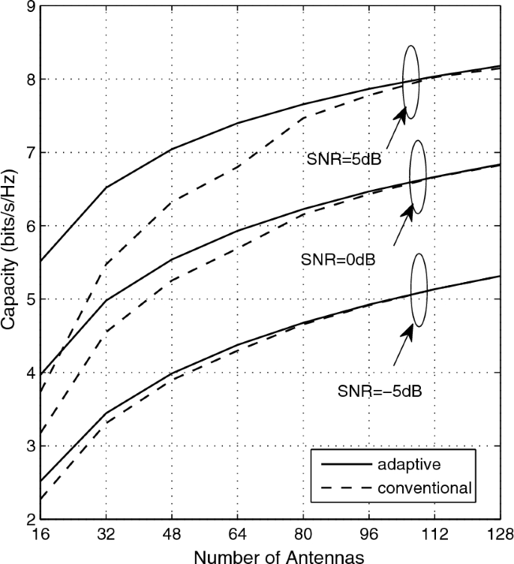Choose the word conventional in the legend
click(426, 488)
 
